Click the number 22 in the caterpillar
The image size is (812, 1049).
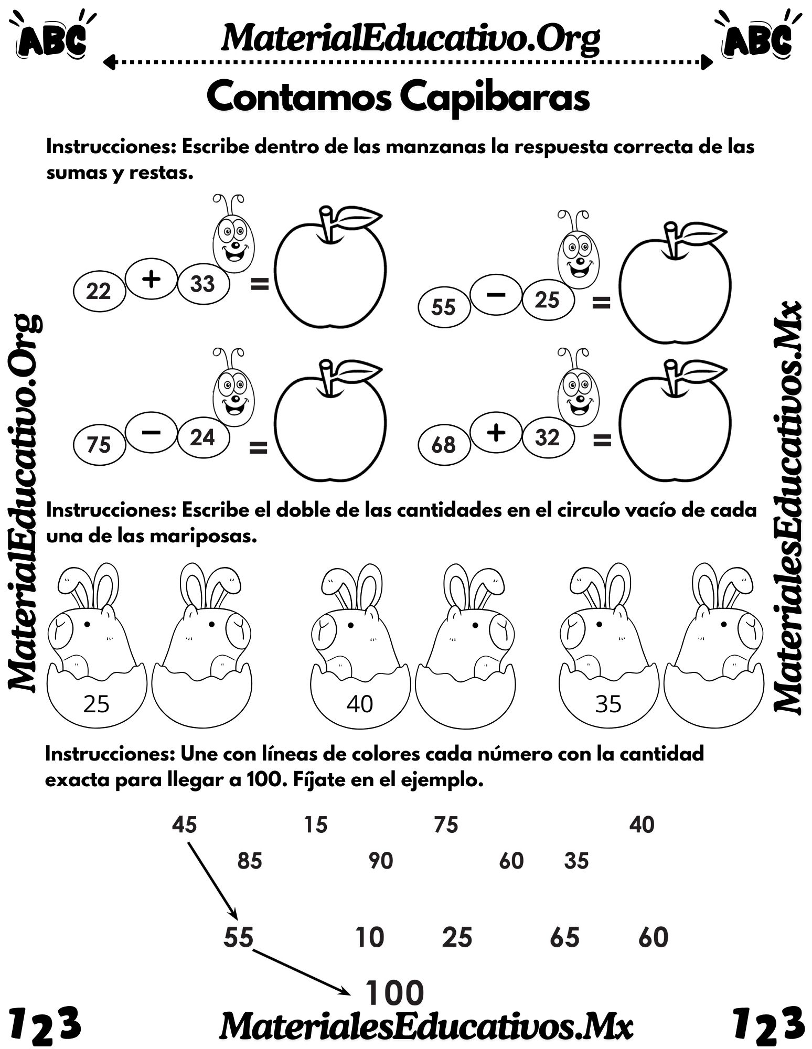[x=99, y=291]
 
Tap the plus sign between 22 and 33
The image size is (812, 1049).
[x=151, y=280]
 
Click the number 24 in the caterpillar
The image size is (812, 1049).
[x=202, y=437]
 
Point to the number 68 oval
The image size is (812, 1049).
[x=443, y=445]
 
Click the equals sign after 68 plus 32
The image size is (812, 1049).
[x=602, y=441]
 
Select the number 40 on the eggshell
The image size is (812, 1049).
[x=360, y=704]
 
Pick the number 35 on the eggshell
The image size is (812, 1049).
[x=608, y=704]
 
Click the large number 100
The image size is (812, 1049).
[x=394, y=993]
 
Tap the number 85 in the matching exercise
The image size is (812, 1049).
[x=250, y=861]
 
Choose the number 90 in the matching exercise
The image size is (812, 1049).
[x=381, y=861]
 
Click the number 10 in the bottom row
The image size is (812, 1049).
[x=370, y=937]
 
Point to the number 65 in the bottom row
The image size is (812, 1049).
[x=564, y=937]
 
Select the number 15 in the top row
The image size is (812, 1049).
[x=316, y=825]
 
